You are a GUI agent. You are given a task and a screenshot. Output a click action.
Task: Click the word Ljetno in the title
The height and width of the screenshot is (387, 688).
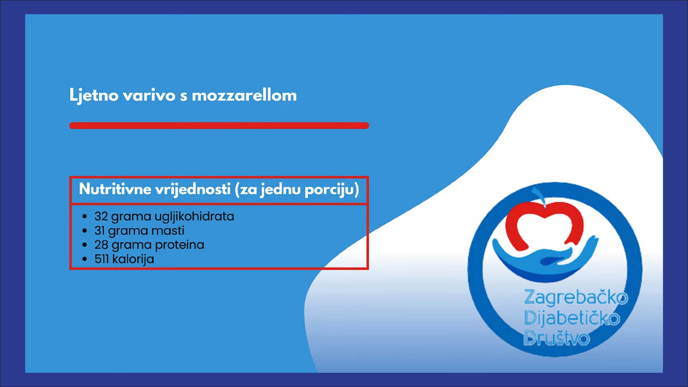[x=94, y=95]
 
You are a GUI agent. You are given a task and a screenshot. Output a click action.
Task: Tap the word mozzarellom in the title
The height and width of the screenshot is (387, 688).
[x=244, y=95]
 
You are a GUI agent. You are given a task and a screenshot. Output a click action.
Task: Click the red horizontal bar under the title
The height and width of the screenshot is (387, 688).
[x=219, y=125]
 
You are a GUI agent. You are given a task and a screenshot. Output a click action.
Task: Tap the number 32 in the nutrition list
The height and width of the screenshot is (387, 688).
[x=101, y=216]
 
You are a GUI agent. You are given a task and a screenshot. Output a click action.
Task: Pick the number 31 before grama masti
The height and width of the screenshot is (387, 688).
[x=99, y=231]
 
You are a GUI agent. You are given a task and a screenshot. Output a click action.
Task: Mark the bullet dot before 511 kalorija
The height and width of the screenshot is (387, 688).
[x=85, y=259]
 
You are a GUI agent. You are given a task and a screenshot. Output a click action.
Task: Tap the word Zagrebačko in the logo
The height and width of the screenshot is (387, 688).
[x=576, y=297]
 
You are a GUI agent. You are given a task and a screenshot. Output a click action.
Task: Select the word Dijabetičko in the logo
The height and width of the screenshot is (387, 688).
[x=572, y=318]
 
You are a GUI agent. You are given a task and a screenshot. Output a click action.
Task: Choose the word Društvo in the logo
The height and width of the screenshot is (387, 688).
[x=556, y=338]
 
